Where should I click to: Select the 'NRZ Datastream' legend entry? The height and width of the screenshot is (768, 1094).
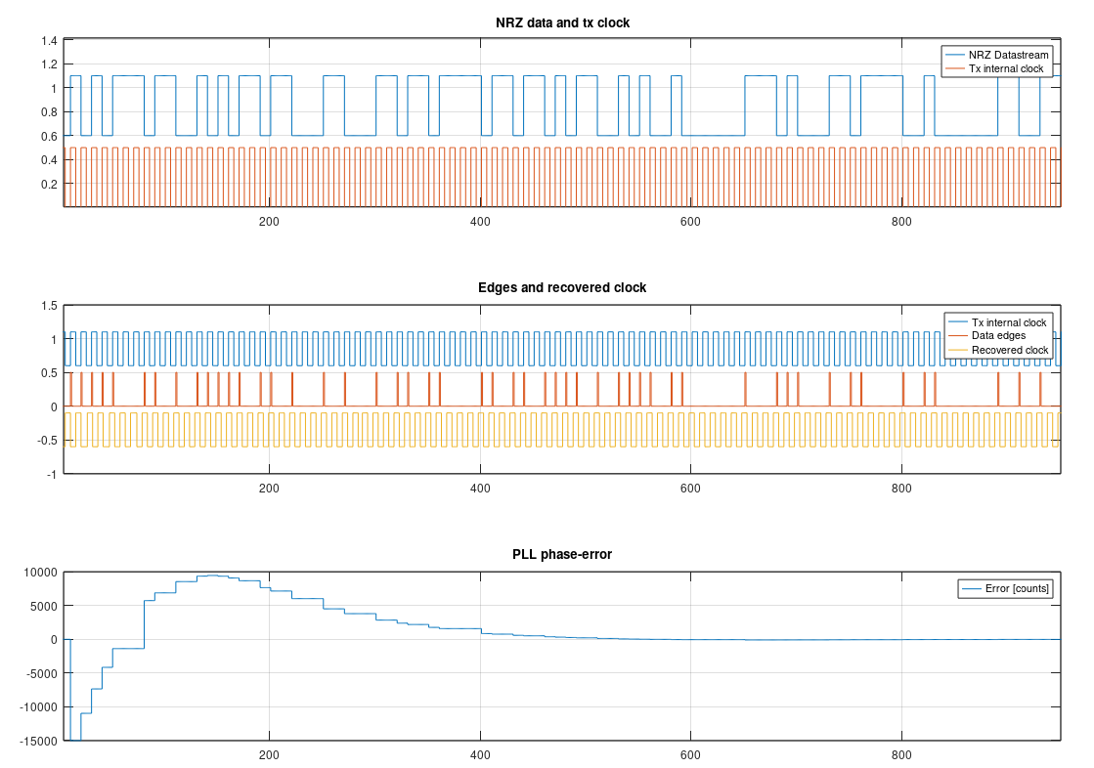pos(1008,55)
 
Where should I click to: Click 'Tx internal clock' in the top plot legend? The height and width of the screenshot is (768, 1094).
pos(1007,68)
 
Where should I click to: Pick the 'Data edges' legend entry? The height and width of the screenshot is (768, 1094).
pos(998,335)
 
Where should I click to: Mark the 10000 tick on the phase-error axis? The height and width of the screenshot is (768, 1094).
pos(39,573)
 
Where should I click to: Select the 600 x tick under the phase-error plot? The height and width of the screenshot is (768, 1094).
pos(690,755)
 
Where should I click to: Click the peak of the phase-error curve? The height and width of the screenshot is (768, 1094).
pos(213,576)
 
